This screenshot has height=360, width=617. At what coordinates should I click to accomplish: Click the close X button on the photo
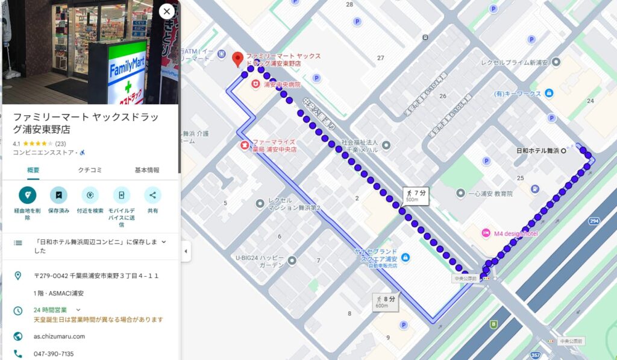(167, 11)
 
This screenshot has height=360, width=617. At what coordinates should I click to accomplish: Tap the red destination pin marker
(237, 59)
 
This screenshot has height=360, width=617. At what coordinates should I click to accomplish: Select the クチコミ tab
(90, 170)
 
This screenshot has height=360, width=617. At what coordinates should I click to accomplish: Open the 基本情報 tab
(147, 170)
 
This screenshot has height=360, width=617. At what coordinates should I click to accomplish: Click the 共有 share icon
(152, 195)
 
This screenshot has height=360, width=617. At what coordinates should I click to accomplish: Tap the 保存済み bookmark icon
(58, 195)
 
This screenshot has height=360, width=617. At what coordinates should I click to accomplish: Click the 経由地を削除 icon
(27, 195)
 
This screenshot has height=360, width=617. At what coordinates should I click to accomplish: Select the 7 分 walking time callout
(416, 195)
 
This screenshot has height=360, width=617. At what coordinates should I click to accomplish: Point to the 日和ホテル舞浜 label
(539, 151)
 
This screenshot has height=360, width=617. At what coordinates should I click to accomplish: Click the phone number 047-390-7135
(54, 354)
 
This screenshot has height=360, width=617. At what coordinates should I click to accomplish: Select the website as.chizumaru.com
(59, 336)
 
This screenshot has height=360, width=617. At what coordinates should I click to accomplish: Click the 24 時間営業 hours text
(50, 310)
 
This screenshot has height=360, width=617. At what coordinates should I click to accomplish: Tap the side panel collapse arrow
(186, 251)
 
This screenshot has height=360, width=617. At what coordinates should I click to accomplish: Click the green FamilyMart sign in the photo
(127, 69)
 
